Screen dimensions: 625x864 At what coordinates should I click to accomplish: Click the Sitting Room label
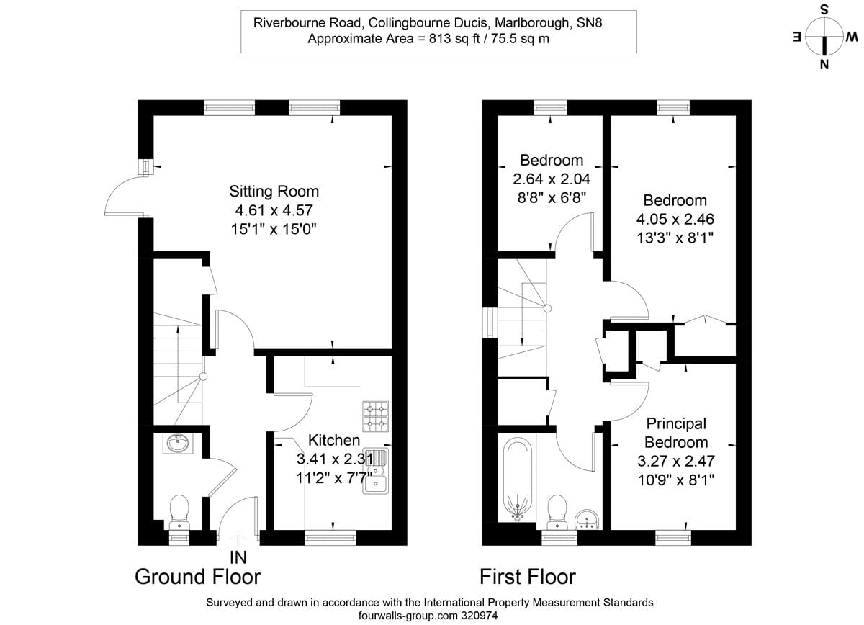274,192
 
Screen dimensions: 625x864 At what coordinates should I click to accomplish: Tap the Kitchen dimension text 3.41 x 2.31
334,458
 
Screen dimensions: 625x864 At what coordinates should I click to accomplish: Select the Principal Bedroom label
675,433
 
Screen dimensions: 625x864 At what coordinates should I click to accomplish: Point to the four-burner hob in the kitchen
375,415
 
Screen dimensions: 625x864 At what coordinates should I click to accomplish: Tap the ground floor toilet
178,511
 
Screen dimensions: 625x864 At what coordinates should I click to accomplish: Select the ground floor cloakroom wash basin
177,443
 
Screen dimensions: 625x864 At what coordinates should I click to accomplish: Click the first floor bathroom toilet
559,510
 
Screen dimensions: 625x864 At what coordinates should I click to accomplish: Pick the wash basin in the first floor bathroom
589,518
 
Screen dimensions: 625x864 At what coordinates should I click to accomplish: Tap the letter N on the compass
824,66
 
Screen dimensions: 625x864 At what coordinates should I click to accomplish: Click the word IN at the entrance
238,557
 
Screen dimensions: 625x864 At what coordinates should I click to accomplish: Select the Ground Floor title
197,577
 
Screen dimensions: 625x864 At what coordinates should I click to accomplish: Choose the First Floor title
528,577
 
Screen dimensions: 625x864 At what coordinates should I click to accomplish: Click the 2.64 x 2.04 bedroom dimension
552,178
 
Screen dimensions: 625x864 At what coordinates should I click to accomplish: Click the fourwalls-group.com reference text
430,616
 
